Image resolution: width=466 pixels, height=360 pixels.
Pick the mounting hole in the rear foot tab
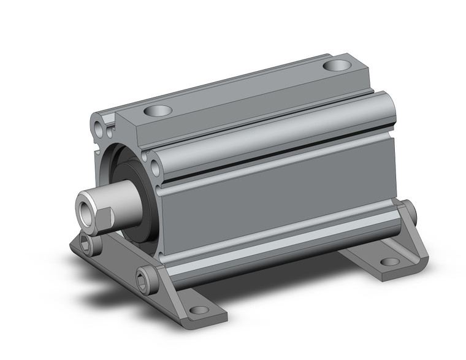tap(390, 262)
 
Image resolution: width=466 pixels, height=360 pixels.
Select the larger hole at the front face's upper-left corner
tap(100, 129)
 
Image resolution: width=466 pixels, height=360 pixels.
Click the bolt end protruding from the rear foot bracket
tap(415, 213)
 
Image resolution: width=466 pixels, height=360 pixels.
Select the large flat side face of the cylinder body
tap(276, 196)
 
